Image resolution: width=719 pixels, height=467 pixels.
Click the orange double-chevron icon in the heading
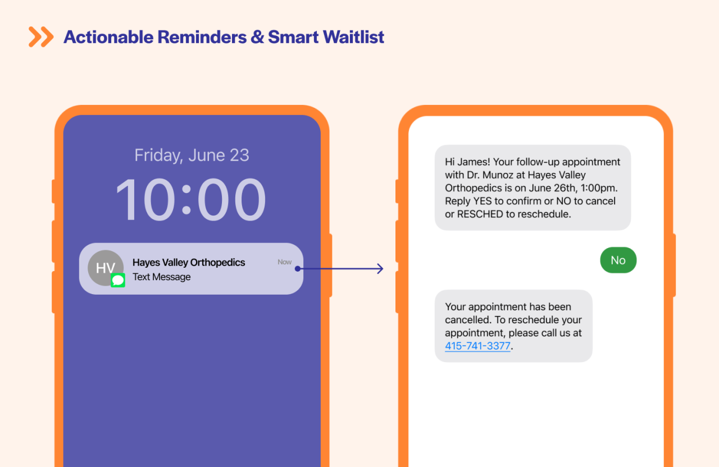pyautogui.click(x=41, y=37)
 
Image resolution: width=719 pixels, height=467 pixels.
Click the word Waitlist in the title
pyautogui.click(x=355, y=37)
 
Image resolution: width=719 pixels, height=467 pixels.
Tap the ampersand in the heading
pyautogui.click(x=257, y=37)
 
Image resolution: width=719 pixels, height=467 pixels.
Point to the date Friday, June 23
pyautogui.click(x=192, y=155)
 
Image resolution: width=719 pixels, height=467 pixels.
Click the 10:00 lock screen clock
pyautogui.click(x=191, y=199)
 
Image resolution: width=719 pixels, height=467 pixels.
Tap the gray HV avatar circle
pyautogui.click(x=105, y=267)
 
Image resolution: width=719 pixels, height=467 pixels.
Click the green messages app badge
pyautogui.click(x=118, y=280)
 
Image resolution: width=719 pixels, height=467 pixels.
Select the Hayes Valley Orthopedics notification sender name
pyautogui.click(x=189, y=262)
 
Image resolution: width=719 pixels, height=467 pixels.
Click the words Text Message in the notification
pyautogui.click(x=161, y=277)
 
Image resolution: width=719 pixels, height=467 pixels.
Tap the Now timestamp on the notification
pyautogui.click(x=284, y=262)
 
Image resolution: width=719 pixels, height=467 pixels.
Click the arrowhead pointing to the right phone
pyautogui.click(x=380, y=269)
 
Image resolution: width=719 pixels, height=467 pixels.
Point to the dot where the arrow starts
pyautogui.click(x=298, y=269)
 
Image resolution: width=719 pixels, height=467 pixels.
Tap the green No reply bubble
pyautogui.click(x=618, y=260)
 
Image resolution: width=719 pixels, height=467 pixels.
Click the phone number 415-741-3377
pyautogui.click(x=477, y=346)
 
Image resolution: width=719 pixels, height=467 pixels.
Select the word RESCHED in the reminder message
pyautogui.click(x=480, y=214)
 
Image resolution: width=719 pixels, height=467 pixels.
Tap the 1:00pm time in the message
pyautogui.click(x=597, y=188)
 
